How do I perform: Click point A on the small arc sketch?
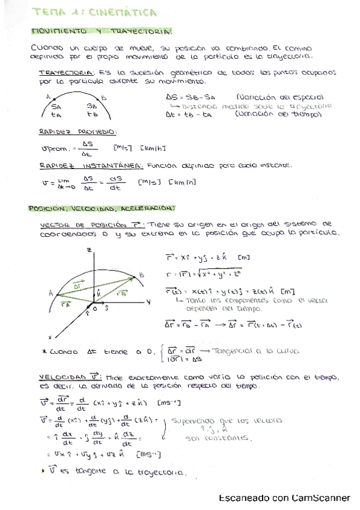tap(48, 96)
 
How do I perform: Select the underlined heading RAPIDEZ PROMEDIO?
tap(78, 132)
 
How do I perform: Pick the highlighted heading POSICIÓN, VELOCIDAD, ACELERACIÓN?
tap(102, 208)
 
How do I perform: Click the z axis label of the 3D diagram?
tap(88, 248)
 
